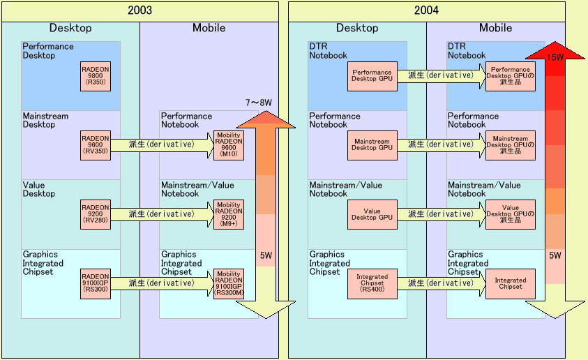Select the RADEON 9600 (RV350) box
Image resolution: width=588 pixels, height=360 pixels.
coord(96,145)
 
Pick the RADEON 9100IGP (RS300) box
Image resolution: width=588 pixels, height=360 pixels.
coord(96,283)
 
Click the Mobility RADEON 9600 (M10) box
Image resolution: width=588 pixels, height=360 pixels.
coord(229,145)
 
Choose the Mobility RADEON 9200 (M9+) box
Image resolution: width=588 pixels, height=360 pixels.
coord(229,214)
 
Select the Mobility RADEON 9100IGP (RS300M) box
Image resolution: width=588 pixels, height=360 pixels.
coord(229,283)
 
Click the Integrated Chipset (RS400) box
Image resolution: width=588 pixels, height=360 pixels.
coord(372,283)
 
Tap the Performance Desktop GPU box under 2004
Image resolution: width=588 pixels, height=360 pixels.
coord(372,76)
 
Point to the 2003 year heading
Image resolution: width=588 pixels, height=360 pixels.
coord(140,10)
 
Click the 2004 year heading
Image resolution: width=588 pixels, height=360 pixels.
coord(426,10)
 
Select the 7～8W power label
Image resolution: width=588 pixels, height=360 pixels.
coord(258,103)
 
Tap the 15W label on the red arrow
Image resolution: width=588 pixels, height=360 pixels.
coord(555,57)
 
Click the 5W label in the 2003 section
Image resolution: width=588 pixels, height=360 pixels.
coord(265,256)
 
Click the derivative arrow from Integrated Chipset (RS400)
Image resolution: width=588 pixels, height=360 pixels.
coord(441,283)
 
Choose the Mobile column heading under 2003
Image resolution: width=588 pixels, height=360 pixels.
coord(209,29)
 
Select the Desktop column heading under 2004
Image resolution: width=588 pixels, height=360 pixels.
coord(357,29)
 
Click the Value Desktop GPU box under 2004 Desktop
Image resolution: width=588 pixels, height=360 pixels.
coord(372,214)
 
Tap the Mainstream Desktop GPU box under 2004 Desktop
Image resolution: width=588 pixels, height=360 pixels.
coord(372,145)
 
